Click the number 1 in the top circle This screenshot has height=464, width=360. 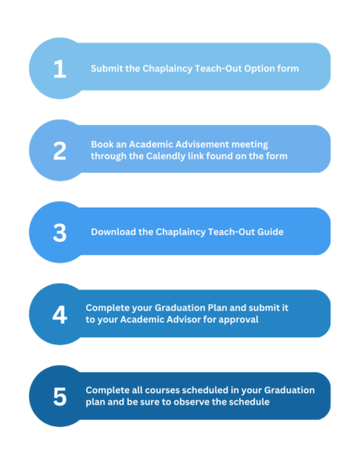tap(59, 69)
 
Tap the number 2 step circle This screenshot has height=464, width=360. tap(59, 151)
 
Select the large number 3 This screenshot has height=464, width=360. tap(59, 233)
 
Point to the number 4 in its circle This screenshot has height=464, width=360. tap(59, 315)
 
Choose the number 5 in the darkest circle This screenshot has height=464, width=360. tap(59, 397)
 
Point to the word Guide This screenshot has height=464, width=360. tap(272, 232)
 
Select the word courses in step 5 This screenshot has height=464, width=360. tap(162, 390)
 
